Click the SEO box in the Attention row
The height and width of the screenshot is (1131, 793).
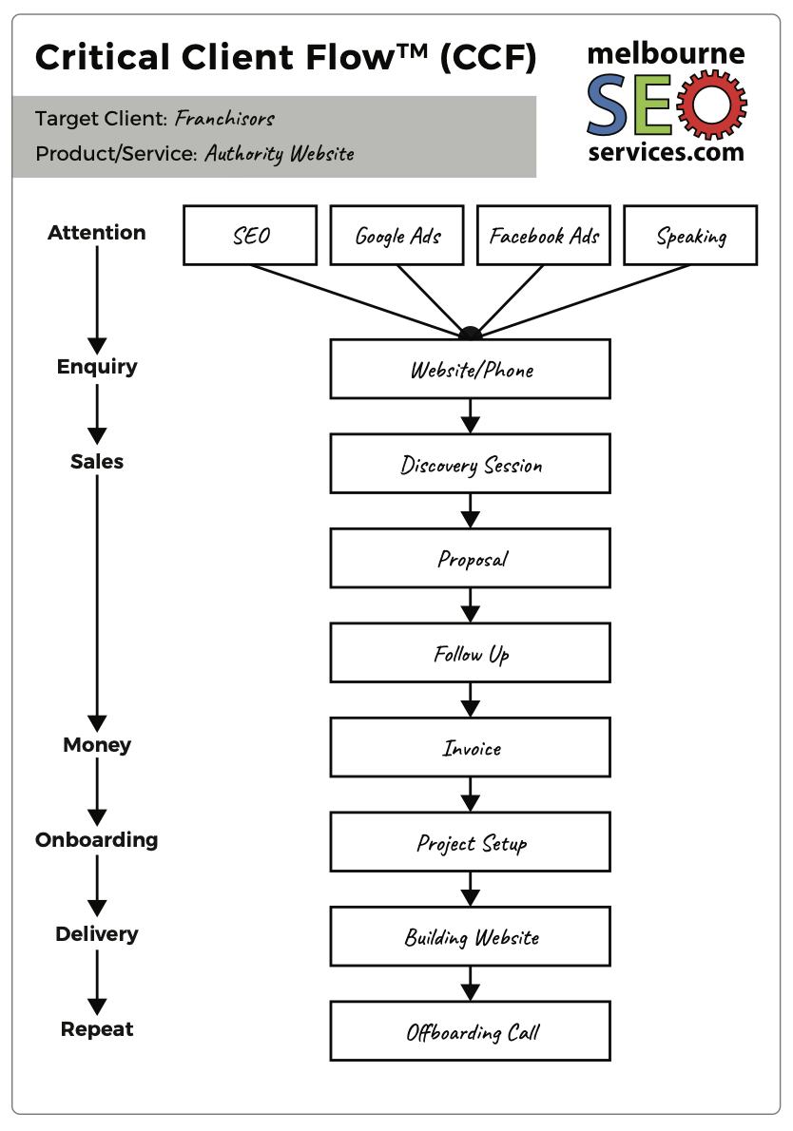click(x=250, y=236)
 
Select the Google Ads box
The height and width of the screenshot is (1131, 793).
click(x=396, y=236)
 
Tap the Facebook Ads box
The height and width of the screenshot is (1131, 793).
click(x=544, y=236)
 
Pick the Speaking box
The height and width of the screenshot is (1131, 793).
click(x=690, y=236)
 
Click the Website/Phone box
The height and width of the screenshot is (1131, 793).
click(x=470, y=370)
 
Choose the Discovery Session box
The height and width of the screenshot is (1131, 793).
click(x=470, y=464)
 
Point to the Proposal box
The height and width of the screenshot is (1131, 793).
click(x=470, y=559)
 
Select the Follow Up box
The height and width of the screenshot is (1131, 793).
click(x=470, y=653)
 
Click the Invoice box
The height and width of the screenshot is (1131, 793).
click(x=470, y=748)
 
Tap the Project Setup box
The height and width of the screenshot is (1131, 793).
click(x=470, y=842)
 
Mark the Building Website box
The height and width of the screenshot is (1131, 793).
click(x=470, y=937)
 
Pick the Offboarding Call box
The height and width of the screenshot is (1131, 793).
click(x=470, y=1031)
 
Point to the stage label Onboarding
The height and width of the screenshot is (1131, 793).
click(x=97, y=840)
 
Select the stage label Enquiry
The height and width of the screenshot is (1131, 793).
click(x=97, y=367)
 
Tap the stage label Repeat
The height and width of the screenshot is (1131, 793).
click(x=97, y=1029)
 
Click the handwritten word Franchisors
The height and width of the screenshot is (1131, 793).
click(x=224, y=119)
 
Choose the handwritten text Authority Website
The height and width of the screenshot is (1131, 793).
click(x=279, y=153)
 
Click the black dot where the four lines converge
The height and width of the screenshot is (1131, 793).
click(x=470, y=334)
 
